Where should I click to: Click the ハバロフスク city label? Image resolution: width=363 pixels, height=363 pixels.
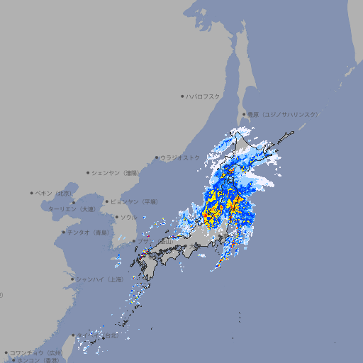click(203, 96)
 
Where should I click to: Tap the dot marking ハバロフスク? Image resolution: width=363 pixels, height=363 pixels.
click(182, 96)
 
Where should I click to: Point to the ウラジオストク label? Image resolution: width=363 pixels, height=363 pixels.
click(180, 157)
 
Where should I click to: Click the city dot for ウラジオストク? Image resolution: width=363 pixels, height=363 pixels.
click(157, 158)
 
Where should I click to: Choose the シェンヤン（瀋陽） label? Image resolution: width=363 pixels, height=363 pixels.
click(117, 172)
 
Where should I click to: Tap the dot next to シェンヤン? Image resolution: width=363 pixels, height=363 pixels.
click(89, 172)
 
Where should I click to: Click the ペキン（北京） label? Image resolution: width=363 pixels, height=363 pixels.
click(55, 193)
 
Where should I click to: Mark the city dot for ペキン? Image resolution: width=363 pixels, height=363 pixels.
click(32, 193)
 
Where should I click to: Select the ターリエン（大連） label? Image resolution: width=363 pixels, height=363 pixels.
click(72, 209)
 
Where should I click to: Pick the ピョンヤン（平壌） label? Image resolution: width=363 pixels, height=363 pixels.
click(135, 201)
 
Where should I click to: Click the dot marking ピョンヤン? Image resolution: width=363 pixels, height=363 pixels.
click(108, 201)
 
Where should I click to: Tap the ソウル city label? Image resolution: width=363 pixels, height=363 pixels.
click(128, 217)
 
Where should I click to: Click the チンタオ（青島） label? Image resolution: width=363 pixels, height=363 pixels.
click(89, 232)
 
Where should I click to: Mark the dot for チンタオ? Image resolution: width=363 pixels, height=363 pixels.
click(63, 232)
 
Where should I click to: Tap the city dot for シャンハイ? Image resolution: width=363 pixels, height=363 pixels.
click(72, 279)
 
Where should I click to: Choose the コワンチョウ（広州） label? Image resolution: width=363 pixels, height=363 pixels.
click(36, 352)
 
